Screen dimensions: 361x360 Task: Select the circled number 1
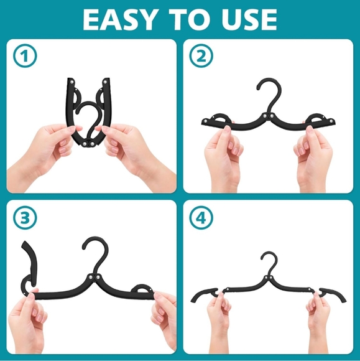(x=25, y=56)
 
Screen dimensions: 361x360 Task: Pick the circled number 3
(x=25, y=218)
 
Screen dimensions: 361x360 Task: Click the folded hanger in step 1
(x=89, y=112)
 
